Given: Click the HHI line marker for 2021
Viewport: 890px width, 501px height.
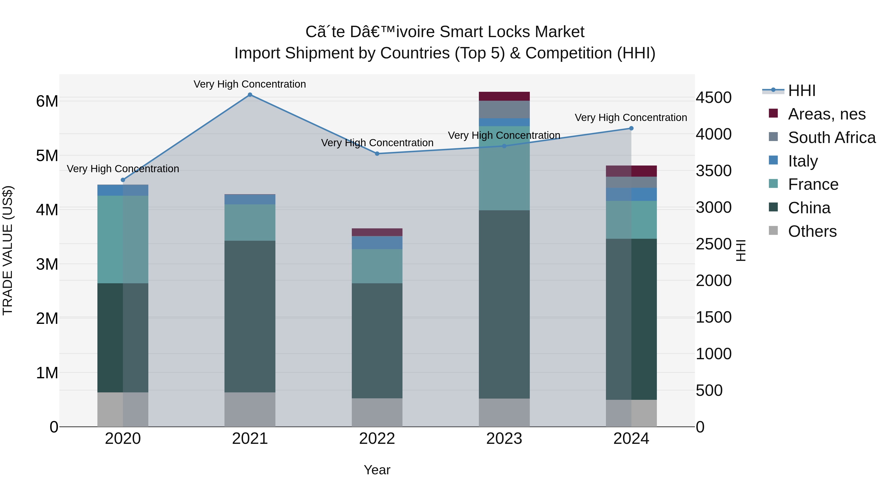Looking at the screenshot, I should coord(250,95).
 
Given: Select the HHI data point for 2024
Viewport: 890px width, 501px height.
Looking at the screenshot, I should coord(631,128).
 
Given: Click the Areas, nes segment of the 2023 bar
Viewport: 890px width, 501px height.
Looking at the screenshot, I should coord(504,96).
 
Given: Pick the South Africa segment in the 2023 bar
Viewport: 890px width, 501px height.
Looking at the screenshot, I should coord(504,109).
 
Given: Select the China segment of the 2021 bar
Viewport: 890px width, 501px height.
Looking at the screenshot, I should coord(250,316).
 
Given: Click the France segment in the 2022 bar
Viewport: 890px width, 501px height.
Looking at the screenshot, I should coord(377,266).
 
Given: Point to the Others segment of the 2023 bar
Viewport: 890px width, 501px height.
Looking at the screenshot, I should coord(504,412).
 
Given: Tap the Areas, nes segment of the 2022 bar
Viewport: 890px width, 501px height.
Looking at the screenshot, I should coord(377,232).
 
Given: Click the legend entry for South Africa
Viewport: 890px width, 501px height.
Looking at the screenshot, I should coord(832,138).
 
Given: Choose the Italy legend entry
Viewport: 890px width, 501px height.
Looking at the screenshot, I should coord(802,161).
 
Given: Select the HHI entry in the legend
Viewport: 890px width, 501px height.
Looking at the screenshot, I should coord(801,91).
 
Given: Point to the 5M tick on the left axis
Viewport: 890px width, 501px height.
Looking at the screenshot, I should coord(47,156).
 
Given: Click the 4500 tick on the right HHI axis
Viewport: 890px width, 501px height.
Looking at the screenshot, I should coord(713,97).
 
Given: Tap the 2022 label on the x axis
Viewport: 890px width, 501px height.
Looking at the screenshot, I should coord(377,439).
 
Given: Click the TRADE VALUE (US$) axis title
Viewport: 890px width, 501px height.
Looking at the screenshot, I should coord(8,250).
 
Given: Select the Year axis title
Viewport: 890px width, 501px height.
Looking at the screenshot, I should coord(377,470).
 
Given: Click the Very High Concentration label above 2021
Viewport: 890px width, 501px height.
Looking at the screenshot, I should coord(250,84).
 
